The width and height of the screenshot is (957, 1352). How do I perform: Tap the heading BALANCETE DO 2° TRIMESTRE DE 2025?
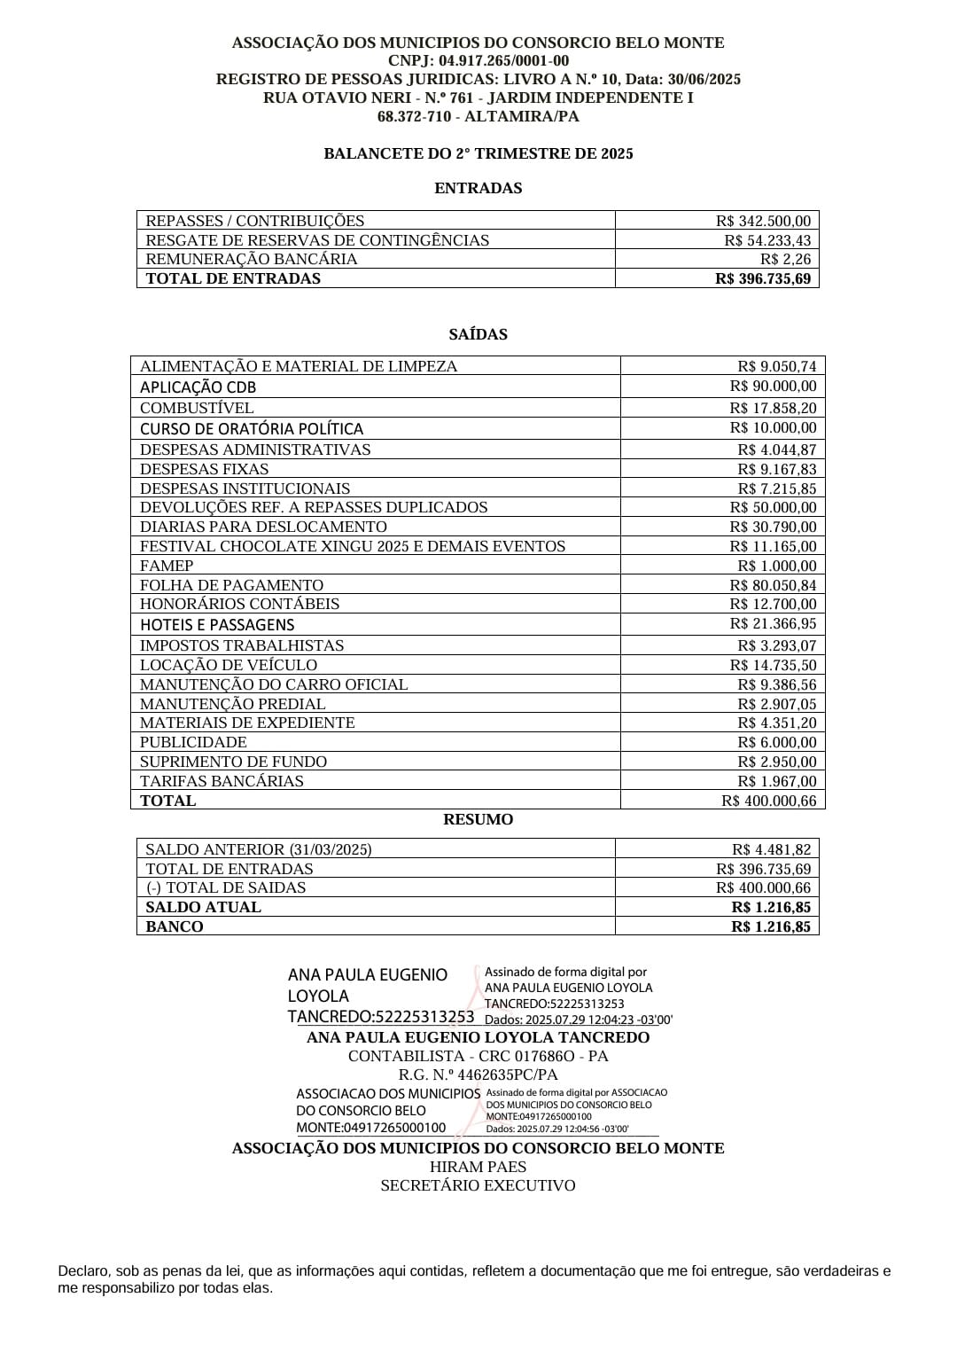click(478, 153)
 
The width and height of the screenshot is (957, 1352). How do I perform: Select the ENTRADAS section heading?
click(478, 188)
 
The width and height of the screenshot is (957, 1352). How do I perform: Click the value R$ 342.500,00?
click(763, 221)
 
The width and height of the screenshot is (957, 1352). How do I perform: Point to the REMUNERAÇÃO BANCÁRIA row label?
click(252, 259)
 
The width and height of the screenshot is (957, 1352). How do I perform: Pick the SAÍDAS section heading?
click(478, 334)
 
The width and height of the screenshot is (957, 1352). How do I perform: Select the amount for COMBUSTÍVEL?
click(773, 408)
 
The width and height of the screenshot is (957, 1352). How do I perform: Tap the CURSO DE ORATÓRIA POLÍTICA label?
click(252, 428)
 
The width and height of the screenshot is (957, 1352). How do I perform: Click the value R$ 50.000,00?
click(773, 507)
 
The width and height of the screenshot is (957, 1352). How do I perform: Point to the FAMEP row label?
click(167, 566)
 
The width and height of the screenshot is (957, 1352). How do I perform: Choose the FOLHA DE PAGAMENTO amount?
click(773, 585)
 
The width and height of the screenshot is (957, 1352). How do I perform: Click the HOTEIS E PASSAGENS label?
click(217, 624)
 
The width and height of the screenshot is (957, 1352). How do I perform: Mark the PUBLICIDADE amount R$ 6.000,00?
click(777, 742)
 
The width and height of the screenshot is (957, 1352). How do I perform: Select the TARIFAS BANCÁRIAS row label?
click(222, 781)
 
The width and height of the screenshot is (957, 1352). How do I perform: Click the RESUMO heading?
click(478, 819)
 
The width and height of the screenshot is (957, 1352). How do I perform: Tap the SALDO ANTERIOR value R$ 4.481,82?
click(771, 849)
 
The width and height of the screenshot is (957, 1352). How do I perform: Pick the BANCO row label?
click(175, 926)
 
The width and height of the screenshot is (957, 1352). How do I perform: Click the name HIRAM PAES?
click(478, 1167)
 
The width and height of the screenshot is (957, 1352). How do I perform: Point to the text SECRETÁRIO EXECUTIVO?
click(478, 1185)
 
